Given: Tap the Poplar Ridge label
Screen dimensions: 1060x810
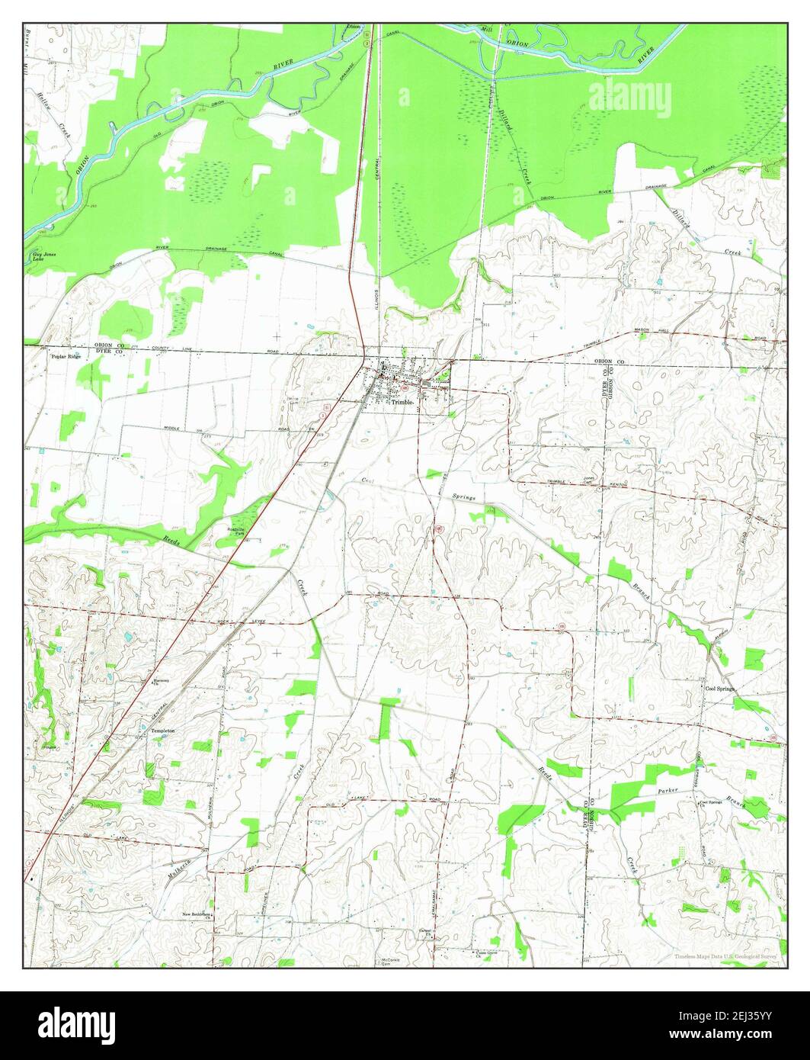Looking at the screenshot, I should click(65, 357).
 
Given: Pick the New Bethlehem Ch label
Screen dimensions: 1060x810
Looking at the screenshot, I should click(196, 914).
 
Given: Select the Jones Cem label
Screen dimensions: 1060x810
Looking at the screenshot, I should click(587, 480).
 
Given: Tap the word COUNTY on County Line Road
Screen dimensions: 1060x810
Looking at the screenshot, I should click(159, 349).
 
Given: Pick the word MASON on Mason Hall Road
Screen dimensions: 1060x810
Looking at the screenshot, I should click(647, 332).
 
